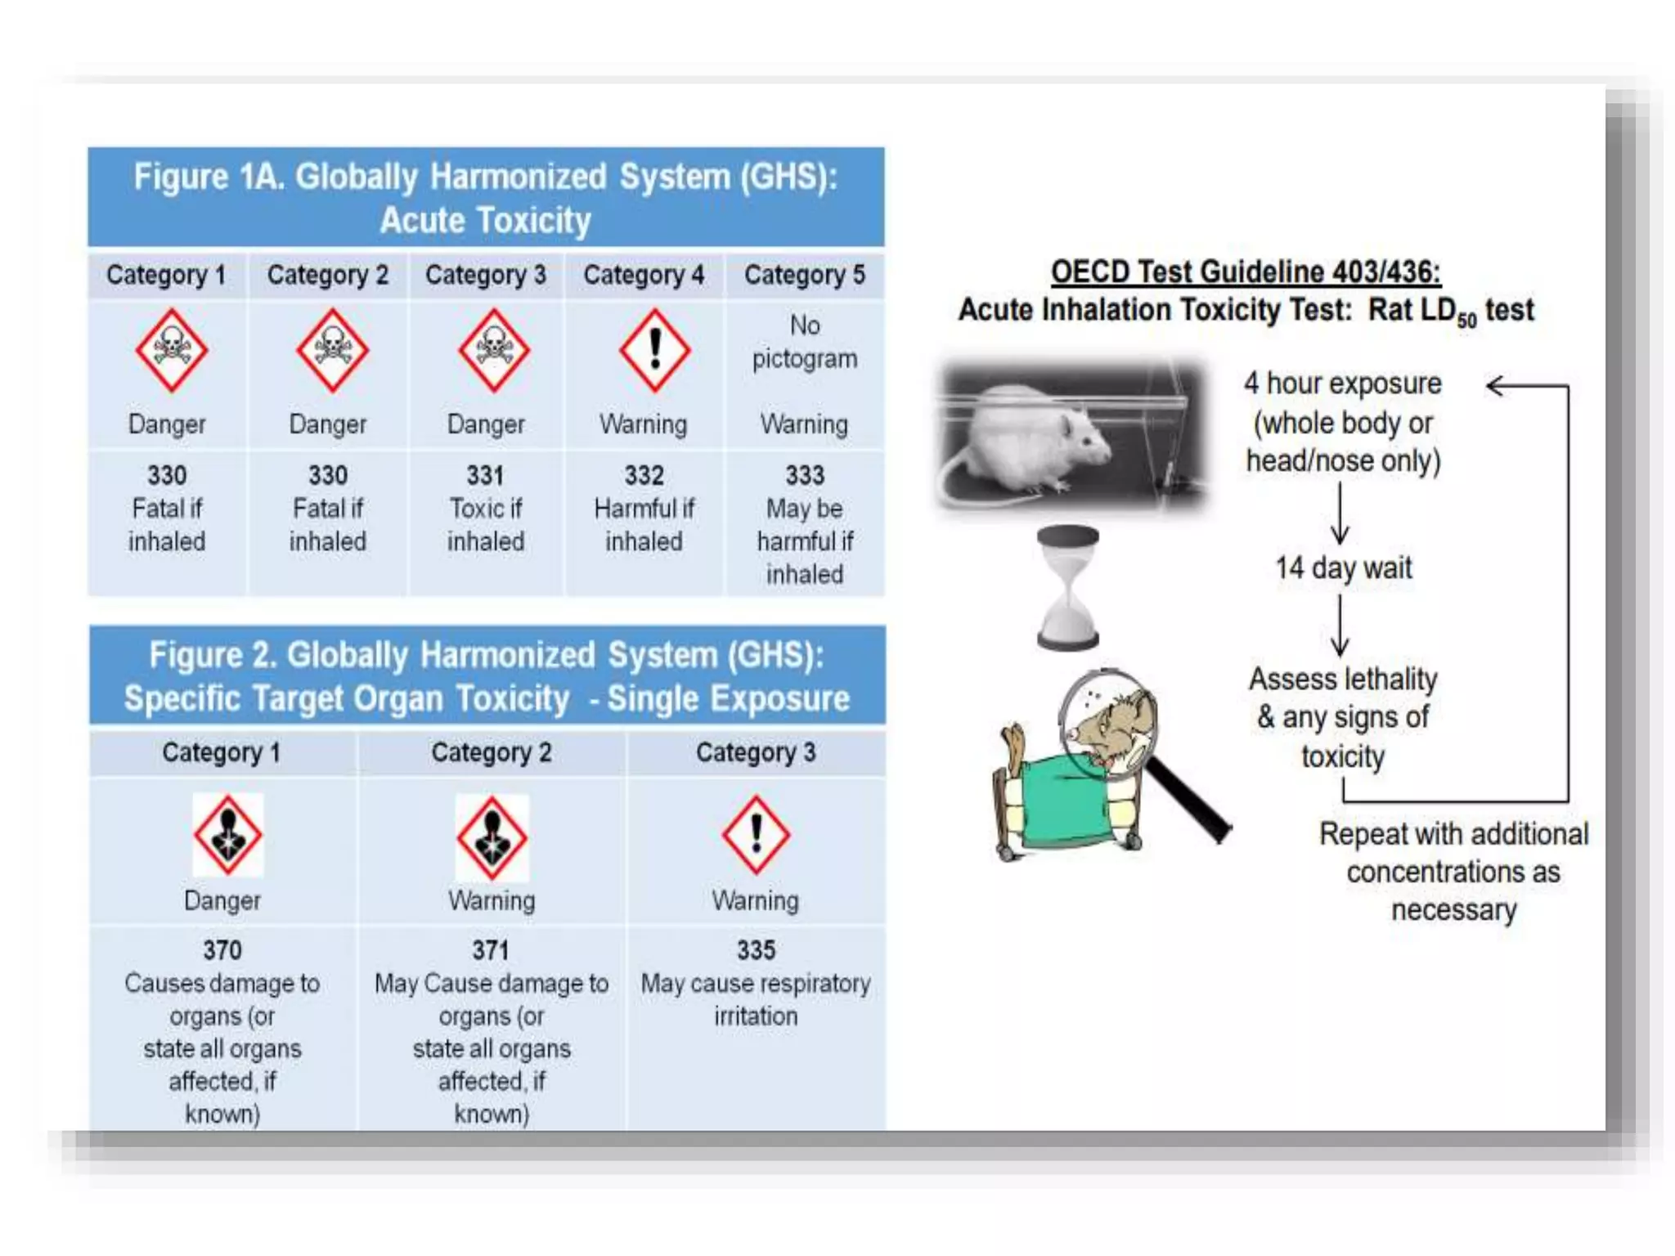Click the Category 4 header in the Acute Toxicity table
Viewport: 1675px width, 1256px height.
pyautogui.click(x=644, y=275)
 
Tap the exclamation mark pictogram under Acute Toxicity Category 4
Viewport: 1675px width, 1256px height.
pyautogui.click(x=654, y=350)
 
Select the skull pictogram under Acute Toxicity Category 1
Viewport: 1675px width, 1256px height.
pyautogui.click(x=171, y=350)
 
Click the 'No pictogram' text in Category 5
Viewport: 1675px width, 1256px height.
pyautogui.click(x=805, y=342)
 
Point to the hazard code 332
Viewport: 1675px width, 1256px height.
pyautogui.click(x=644, y=475)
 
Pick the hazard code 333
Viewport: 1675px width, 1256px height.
pyautogui.click(x=805, y=475)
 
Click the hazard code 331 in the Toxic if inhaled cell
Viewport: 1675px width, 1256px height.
pyautogui.click(x=485, y=475)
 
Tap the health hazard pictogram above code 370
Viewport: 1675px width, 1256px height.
pyautogui.click(x=228, y=835)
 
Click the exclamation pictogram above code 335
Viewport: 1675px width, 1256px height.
pyautogui.click(x=756, y=835)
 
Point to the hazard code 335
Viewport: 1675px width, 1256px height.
pyautogui.click(x=756, y=950)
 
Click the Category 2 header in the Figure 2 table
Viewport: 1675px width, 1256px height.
pyautogui.click(x=492, y=752)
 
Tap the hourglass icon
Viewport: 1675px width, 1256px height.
pyautogui.click(x=1067, y=587)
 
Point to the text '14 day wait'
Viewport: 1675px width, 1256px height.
pyautogui.click(x=1343, y=567)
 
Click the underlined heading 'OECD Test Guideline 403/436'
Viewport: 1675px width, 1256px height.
pyautogui.click(x=1245, y=271)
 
